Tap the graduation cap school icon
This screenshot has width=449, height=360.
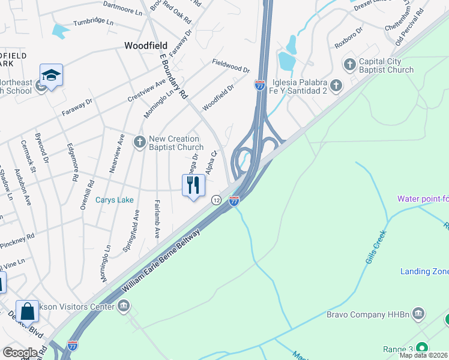pyautogui.click(x=52, y=76)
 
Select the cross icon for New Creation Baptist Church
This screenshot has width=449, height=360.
pyautogui.click(x=140, y=142)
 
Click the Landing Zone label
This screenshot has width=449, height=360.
pyautogui.click(x=424, y=272)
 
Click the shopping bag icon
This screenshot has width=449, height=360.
pyautogui.click(x=27, y=311)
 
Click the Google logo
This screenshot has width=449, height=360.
pyautogui.click(x=20, y=352)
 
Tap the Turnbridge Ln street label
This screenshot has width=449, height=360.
pyautogui.click(x=93, y=22)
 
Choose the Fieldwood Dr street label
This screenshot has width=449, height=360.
pyautogui.click(x=231, y=65)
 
